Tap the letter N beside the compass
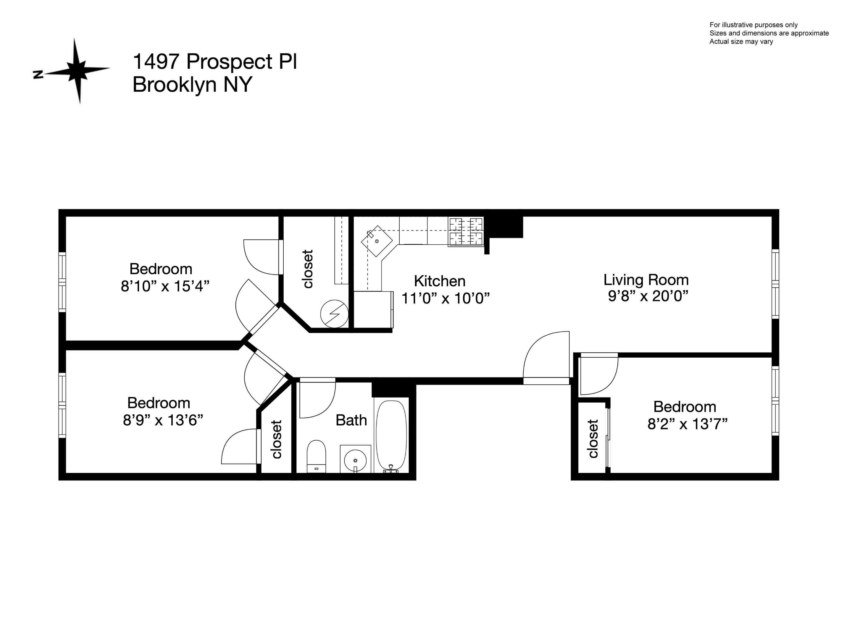(38, 75)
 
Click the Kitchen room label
(440, 281)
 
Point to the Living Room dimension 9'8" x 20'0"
(648, 296)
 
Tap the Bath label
(351, 420)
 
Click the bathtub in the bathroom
(391, 435)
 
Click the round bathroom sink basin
(355, 460)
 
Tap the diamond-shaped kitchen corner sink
(376, 241)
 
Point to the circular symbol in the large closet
(334, 314)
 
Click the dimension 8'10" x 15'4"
(165, 286)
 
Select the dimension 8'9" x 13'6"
(162, 420)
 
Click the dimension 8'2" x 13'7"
(687, 424)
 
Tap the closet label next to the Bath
(277, 439)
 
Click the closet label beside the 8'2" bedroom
(593, 439)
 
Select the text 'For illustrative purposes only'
(753, 25)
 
